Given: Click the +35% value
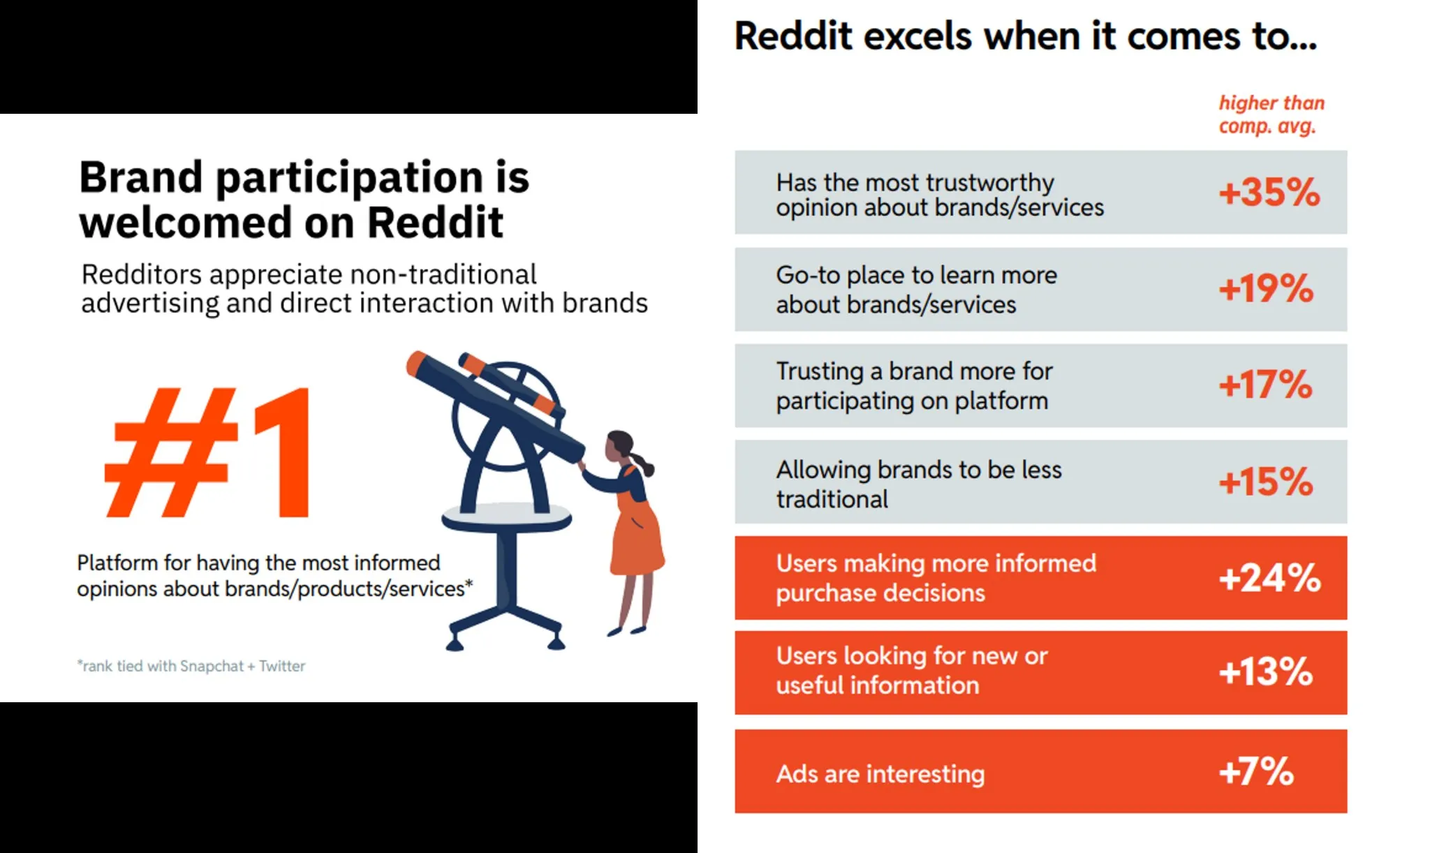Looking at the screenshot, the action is pos(1269,192).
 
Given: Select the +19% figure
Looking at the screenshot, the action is pos(1266,288).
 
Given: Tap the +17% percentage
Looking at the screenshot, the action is pos(1265,385).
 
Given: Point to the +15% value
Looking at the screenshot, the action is pos(1266,482).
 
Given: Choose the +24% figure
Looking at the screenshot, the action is pos(1269,578).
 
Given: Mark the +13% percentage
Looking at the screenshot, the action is pos(1266,672).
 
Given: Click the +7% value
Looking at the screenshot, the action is pos(1256,771).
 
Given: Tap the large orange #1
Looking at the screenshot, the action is pos(207,452).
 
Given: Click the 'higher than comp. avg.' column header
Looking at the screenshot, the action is pos(1271,114).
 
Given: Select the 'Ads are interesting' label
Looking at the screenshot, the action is pos(880,773).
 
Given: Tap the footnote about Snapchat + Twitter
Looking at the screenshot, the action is pos(191,666).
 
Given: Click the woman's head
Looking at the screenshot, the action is pos(619,446).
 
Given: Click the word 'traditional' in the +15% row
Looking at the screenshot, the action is pos(832,499).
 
